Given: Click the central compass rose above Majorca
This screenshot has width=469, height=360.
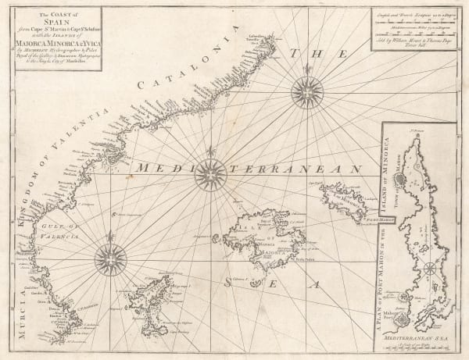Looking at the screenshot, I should coord(209,173).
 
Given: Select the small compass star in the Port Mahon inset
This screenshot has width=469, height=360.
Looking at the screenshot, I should coord(429,270).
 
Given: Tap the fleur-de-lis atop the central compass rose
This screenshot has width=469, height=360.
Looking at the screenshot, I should coord(209,151).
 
